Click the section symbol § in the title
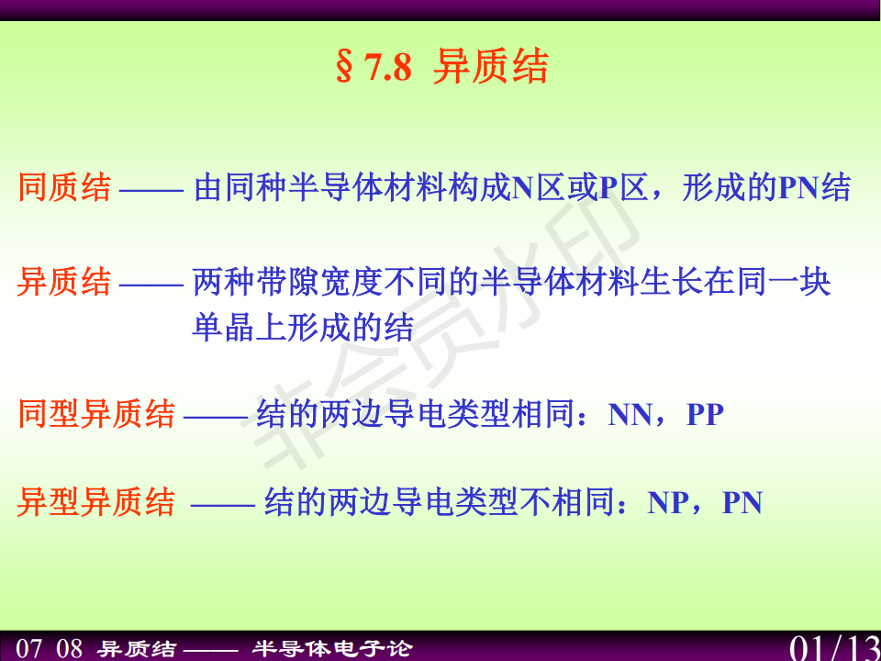(x=345, y=67)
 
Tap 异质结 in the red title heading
(x=490, y=67)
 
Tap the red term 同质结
(x=64, y=187)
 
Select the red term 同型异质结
(x=96, y=414)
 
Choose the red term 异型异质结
(x=96, y=501)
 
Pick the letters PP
(x=705, y=415)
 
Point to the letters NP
(x=668, y=502)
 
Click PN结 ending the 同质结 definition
(x=815, y=187)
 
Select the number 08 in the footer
(x=70, y=648)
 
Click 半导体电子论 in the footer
(x=332, y=648)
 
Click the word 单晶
(x=223, y=327)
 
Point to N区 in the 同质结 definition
(x=539, y=187)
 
